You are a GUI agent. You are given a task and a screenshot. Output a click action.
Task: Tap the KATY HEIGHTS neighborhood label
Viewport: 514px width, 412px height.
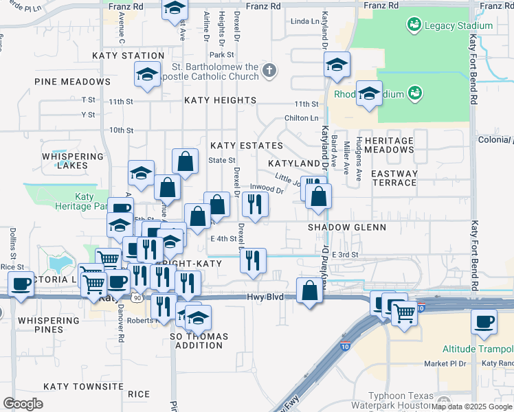pyautogui.click(x=220, y=100)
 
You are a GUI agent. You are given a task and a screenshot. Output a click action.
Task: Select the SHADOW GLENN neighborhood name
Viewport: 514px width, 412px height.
pyautogui.click(x=346, y=227)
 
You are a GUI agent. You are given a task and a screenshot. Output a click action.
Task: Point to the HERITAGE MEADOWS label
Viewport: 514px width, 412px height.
pyautogui.click(x=389, y=145)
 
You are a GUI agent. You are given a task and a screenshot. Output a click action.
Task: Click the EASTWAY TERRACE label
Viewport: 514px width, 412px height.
pyautogui.click(x=394, y=179)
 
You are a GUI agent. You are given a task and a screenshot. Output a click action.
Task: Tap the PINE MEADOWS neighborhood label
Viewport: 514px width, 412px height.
pyautogui.click(x=72, y=82)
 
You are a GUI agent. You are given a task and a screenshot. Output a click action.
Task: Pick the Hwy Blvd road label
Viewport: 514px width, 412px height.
pyautogui.click(x=265, y=297)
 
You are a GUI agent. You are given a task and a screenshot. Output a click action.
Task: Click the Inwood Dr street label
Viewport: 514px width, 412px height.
pyautogui.click(x=267, y=189)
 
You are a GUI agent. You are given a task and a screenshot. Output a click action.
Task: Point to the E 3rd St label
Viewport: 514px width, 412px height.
pyautogui.click(x=346, y=255)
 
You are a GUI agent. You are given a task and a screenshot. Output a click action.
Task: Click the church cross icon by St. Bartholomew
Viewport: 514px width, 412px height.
pyautogui.click(x=269, y=69)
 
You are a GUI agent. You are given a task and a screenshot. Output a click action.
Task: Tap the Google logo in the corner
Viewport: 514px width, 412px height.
pyautogui.click(x=23, y=403)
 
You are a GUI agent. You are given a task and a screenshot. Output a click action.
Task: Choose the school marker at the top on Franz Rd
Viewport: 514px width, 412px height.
pyautogui.click(x=175, y=8)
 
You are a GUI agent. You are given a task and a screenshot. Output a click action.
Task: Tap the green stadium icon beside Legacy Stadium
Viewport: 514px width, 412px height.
pyautogui.click(x=414, y=26)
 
